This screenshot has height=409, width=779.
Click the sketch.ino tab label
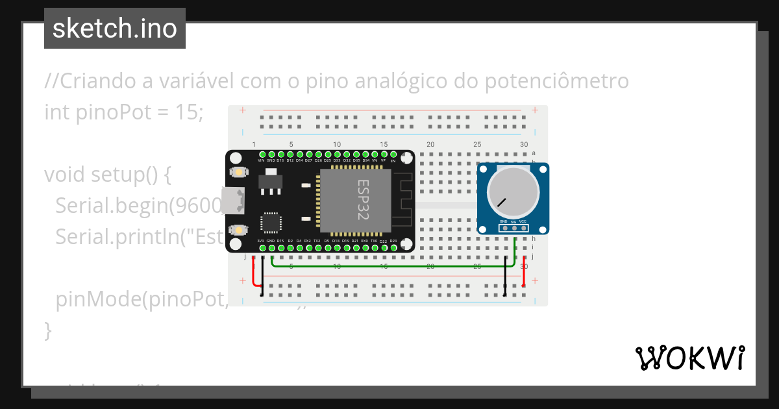coord(114,29)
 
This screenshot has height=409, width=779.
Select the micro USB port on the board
coord(232,201)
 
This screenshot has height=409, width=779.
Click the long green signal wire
coord(389,265)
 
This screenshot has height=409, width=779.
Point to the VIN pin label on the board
coord(261,160)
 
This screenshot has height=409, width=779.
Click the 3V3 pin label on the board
coord(261,241)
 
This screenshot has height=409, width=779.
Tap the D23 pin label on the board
coord(393,241)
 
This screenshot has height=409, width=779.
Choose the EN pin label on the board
coord(393,160)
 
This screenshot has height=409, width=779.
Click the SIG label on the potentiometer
coord(513,222)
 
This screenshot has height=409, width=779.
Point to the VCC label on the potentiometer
coord(523,221)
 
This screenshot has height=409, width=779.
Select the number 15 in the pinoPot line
coord(188,112)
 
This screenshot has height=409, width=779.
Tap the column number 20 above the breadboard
coord(430,144)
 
